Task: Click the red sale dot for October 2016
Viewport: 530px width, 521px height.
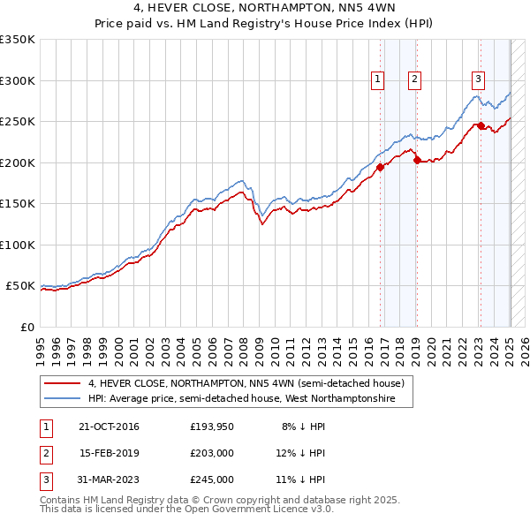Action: pos(380,167)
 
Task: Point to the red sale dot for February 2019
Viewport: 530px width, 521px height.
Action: pos(416,160)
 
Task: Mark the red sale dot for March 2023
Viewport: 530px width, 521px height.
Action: pos(481,125)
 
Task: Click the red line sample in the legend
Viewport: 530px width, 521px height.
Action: pos(63,383)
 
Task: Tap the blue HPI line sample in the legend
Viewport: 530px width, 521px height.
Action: pos(63,399)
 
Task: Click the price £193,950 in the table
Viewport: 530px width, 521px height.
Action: pos(211,427)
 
